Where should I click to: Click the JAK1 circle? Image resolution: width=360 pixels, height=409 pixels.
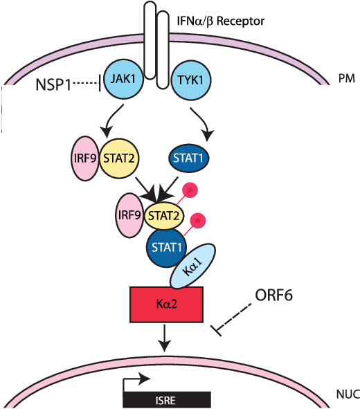coord(124,80)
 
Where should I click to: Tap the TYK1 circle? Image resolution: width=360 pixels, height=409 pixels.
coord(190,80)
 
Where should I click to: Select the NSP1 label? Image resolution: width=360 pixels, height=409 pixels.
coord(53,84)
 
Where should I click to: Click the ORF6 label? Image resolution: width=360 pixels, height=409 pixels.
coord(273,296)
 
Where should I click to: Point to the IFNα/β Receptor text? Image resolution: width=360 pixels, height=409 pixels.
coord(221,21)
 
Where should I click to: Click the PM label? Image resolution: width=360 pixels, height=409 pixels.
coord(346,78)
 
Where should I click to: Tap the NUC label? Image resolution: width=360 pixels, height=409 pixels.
coord(348,394)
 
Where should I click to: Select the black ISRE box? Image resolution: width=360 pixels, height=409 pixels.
coord(167,400)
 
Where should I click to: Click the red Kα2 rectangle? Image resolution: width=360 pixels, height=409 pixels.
coord(166,305)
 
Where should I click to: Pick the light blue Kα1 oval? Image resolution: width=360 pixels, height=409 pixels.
coord(193,266)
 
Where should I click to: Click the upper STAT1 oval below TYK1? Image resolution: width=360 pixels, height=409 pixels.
coord(188,158)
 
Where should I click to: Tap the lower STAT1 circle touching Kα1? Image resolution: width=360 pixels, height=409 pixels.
coord(166,247)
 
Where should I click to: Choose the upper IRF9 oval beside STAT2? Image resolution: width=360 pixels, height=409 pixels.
coord(86,158)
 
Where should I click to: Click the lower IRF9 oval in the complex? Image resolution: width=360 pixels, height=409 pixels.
coord(129,215)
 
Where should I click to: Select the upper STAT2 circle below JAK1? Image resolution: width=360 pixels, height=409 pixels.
coord(119,158)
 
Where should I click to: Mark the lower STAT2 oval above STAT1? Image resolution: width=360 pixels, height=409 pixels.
coord(164,216)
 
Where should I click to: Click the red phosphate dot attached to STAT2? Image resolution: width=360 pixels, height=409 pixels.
coord(190,190)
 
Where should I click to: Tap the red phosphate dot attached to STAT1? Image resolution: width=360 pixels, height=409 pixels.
coord(197,221)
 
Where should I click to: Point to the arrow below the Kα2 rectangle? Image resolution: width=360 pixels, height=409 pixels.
coord(164,338)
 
